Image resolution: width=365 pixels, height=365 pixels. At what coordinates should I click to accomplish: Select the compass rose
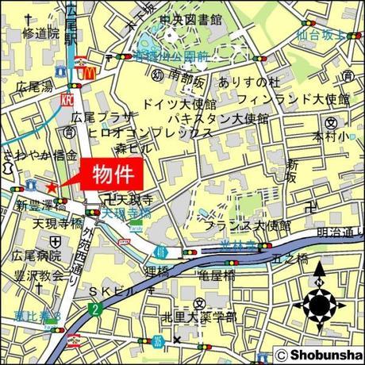[320, 305]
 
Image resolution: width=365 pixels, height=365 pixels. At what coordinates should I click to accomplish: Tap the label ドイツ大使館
[179, 104]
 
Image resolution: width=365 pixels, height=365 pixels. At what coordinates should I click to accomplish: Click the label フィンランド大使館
[305, 99]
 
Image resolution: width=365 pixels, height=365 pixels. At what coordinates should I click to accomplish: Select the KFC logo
[67, 101]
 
